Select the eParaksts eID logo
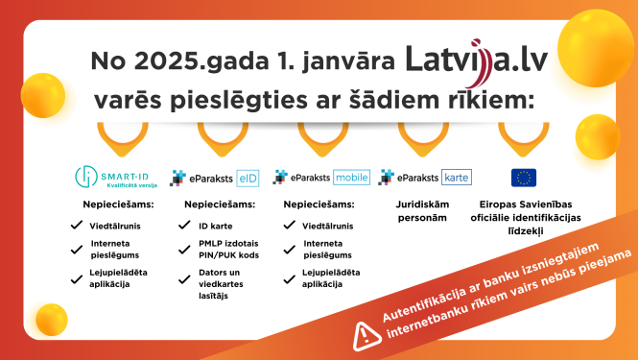coord(212,177)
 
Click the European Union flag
coord(524,177)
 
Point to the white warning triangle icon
coord(366,334)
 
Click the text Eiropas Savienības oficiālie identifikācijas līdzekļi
coord(524,218)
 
